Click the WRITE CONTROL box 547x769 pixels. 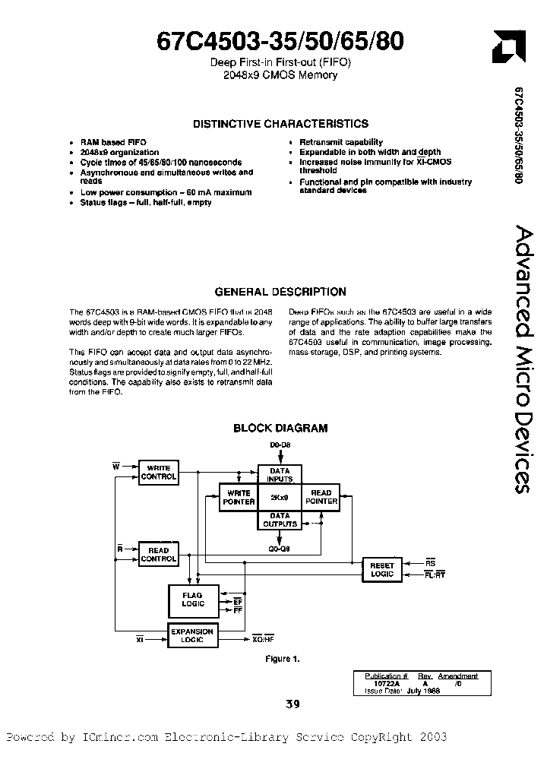[158, 472]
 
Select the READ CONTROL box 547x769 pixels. [158, 555]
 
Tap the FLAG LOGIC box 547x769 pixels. [192, 600]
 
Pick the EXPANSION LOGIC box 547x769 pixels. [191, 636]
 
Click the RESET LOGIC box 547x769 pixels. [382, 570]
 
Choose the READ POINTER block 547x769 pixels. [321, 498]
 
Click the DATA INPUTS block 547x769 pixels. [280, 475]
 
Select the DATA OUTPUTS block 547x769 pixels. [280, 521]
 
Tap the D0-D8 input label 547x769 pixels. [280, 444]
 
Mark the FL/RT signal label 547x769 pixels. [435, 575]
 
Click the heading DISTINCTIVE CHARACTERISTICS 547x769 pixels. [280, 124]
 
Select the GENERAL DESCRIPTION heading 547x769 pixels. [280, 292]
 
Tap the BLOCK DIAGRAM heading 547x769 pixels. [280, 429]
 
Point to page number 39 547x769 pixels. [292, 704]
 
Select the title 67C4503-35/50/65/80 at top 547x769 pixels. [280, 42]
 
